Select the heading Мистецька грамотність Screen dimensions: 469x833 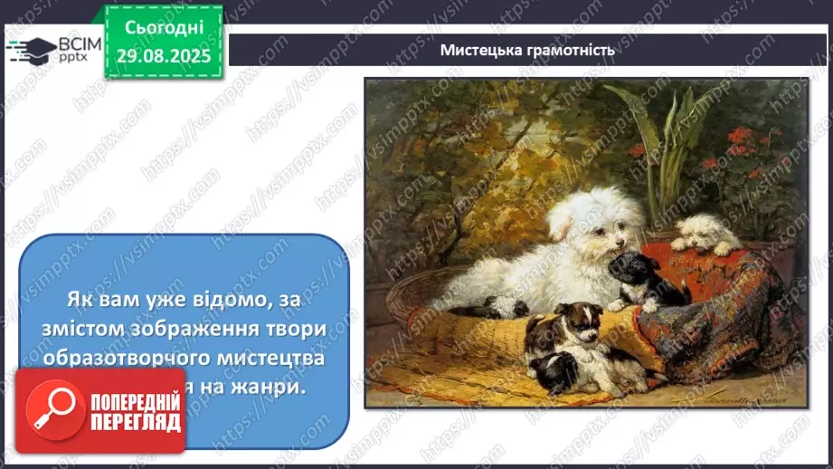[x=527, y=50]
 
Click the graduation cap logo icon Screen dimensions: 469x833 [x=31, y=50]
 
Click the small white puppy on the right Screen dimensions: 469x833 [x=706, y=233]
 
